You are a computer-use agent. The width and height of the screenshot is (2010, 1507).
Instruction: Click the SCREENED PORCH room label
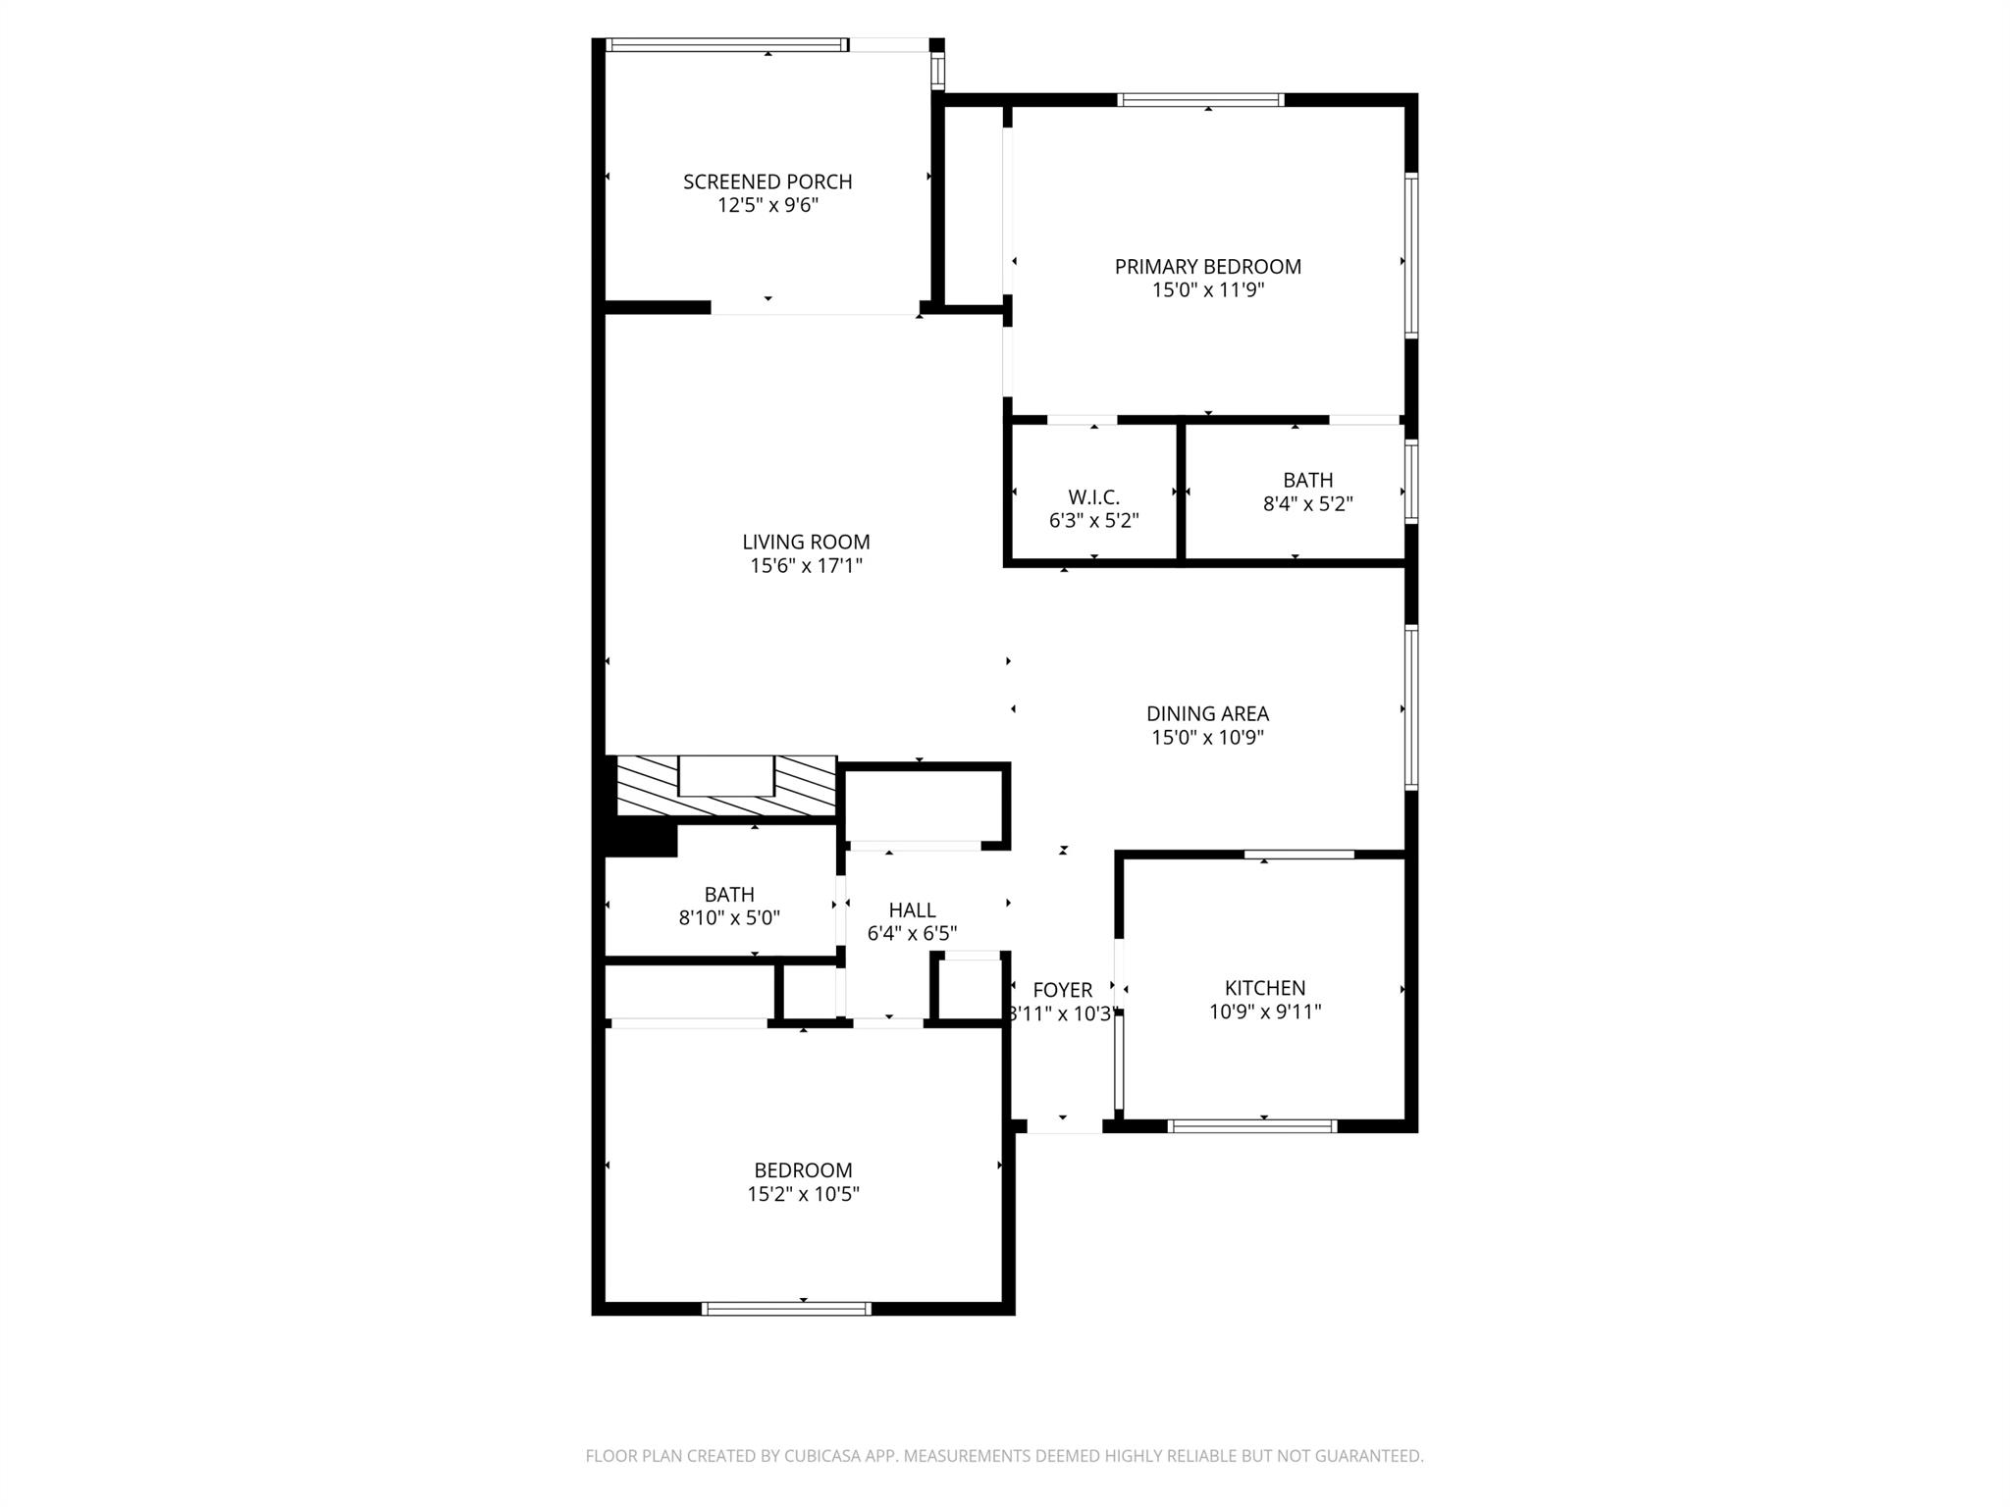(x=767, y=182)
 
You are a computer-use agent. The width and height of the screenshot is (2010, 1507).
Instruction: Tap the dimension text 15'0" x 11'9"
(x=1207, y=290)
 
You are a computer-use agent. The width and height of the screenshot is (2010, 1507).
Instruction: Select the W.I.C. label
(x=1093, y=497)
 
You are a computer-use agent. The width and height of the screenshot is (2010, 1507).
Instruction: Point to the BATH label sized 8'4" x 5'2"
(x=1307, y=480)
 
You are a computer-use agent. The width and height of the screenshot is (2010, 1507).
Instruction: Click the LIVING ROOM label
(x=806, y=542)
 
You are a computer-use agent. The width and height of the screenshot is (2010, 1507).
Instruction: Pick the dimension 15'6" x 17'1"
(x=806, y=565)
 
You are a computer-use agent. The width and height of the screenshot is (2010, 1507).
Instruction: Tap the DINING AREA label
(x=1207, y=713)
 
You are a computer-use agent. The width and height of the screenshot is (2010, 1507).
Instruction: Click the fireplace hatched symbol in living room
(x=725, y=785)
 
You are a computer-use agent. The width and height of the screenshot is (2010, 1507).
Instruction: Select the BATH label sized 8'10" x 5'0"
(x=729, y=894)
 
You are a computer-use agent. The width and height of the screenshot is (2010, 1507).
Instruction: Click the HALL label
(x=912, y=909)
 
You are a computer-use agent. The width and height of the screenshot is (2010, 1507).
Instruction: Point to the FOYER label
(x=1062, y=990)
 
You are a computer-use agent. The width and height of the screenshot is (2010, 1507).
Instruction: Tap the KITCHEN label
(x=1264, y=988)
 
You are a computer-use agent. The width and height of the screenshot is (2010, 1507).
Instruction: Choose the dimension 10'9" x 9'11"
(x=1264, y=1012)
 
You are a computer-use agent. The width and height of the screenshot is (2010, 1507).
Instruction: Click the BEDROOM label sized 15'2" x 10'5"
(x=803, y=1169)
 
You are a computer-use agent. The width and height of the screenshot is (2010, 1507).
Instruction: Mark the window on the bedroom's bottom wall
(x=787, y=1308)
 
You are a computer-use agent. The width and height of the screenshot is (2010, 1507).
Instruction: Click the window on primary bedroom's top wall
(x=1200, y=99)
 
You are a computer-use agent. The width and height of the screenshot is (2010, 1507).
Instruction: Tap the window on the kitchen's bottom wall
(x=1253, y=1126)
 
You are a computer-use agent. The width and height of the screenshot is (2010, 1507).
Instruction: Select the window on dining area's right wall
(x=1410, y=707)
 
